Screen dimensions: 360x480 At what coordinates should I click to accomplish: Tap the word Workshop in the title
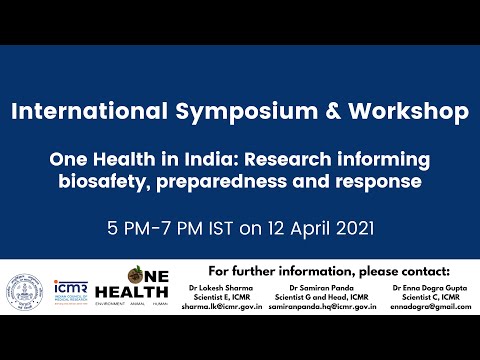[409, 111]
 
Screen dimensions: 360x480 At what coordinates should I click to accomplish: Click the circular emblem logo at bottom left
[30, 289]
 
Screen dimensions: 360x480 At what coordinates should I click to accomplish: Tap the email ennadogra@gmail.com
[419, 309]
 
